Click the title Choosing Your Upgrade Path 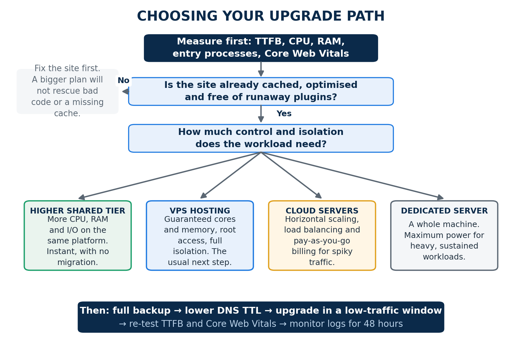pos(261,16)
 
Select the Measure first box pos(261,48)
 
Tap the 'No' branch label pos(123,81)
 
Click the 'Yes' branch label pos(284,113)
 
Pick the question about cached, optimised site pos(261,91)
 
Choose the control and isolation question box pos(261,138)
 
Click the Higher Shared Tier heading pos(78,211)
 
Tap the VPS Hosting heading pos(200,211)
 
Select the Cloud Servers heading pos(322,211)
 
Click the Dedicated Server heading pos(444,211)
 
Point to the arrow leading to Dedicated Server pos(352,175)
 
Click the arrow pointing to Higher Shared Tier pos(170,175)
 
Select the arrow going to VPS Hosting pos(231,175)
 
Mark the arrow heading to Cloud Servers pos(291,175)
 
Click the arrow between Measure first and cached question pos(261,69)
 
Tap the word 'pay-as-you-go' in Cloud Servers pos(322,241)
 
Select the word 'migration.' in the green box pos(78,262)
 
